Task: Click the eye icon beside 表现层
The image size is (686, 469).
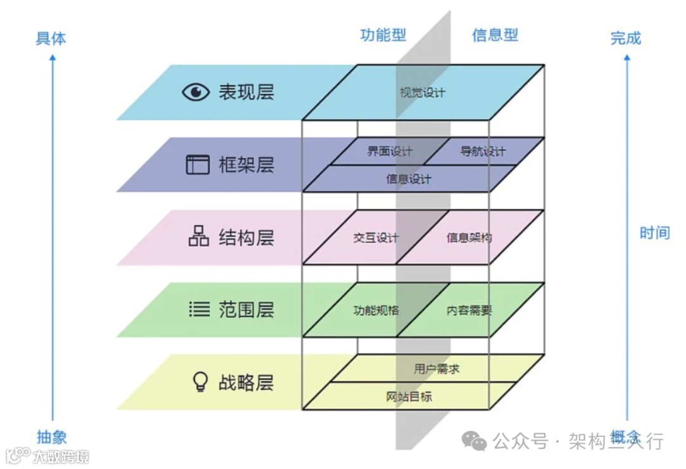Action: coord(196,93)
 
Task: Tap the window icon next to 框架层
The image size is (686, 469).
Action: coord(197,165)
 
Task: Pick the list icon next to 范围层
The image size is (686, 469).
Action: coord(199,310)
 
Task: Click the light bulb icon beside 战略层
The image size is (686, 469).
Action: coord(200,381)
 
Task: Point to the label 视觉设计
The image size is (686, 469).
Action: coord(422,93)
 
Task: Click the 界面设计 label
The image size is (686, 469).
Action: coord(389,152)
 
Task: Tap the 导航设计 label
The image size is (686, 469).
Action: coord(483,152)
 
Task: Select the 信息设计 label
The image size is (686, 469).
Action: coord(408,179)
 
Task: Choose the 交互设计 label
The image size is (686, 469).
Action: coord(376,238)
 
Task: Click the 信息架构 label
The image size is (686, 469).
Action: coord(469,238)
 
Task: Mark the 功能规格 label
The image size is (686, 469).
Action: coord(376,311)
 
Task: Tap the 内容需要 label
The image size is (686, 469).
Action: coord(469,311)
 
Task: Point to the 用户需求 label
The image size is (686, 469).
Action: coord(436,369)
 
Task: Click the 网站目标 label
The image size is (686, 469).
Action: coord(409,397)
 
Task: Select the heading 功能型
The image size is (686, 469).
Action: coord(383,35)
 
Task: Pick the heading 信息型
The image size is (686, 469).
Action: coord(495,35)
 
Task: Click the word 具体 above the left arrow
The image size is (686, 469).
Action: coord(51,39)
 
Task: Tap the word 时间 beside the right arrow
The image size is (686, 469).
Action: coord(654,233)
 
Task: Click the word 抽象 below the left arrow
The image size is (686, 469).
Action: coord(51,437)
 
